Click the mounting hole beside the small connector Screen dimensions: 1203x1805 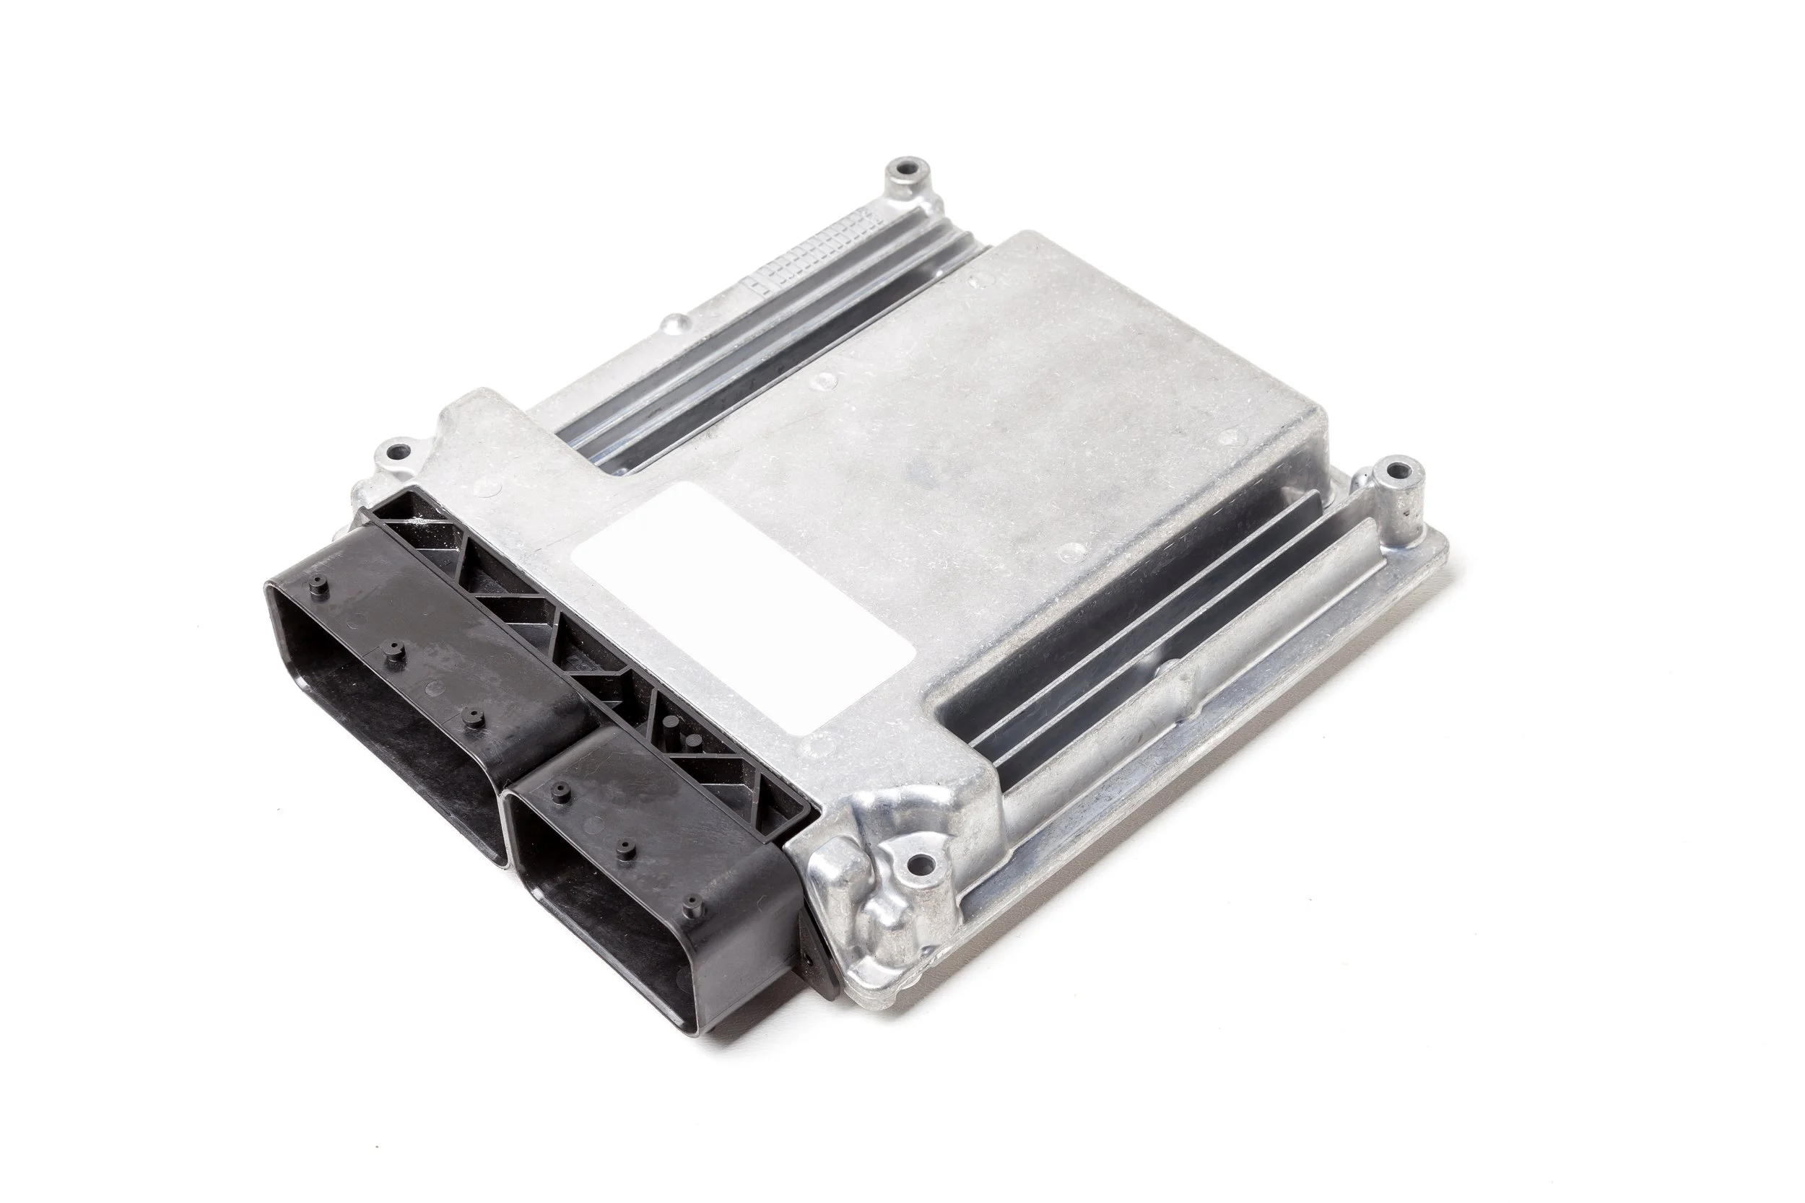click(919, 866)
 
